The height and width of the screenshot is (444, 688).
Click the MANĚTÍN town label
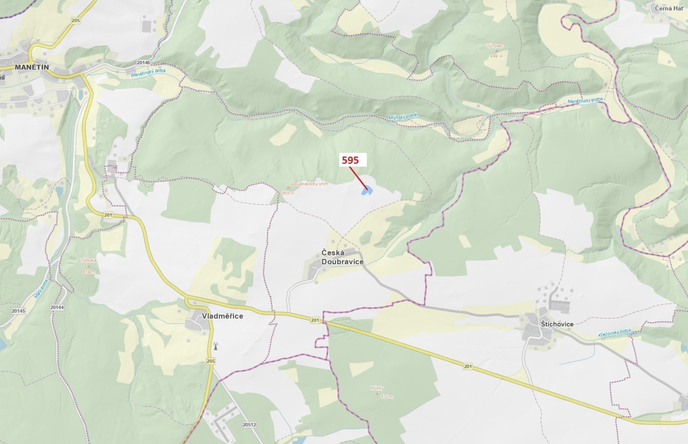pos(32,67)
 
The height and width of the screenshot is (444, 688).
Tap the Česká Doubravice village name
pos(342,257)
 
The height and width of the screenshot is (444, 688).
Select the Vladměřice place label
pos(222,316)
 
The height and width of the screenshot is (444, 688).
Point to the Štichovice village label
pos(557,324)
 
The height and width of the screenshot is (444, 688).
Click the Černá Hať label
pos(669,8)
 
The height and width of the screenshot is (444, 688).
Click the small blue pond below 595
pos(367,190)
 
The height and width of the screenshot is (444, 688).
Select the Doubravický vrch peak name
pos(309,184)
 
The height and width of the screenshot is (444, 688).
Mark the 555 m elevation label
pos(288,193)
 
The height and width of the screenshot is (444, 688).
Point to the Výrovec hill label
pos(495,46)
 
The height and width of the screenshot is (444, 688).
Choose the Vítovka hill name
pos(89,260)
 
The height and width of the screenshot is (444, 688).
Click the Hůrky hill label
pos(377,388)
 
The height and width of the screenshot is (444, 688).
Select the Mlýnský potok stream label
pos(403,116)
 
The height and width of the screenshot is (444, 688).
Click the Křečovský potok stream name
pos(615,333)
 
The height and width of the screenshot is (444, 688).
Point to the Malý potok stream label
pos(42,289)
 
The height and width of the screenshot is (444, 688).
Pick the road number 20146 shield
pos(144,63)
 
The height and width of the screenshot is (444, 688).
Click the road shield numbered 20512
pos(249,425)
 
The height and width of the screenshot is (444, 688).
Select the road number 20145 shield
pos(18,311)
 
